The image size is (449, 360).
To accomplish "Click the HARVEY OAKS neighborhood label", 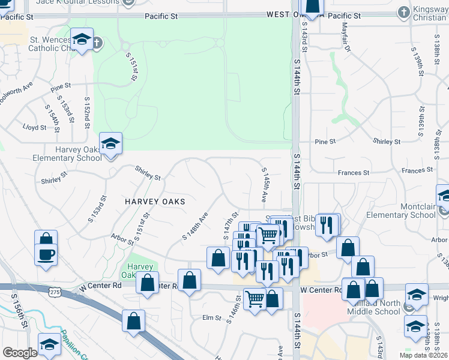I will (x=154, y=202).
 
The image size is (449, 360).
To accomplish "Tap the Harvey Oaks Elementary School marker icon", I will (x=110, y=145).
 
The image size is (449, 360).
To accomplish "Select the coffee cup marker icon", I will (x=46, y=255).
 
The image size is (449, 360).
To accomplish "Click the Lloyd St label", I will (x=34, y=128).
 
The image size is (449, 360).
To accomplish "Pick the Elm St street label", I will (x=212, y=317).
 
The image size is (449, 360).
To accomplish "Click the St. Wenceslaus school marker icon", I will (x=82, y=40).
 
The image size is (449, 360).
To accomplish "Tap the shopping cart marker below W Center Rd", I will (x=255, y=299).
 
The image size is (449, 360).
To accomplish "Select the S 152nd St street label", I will (x=88, y=110).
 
